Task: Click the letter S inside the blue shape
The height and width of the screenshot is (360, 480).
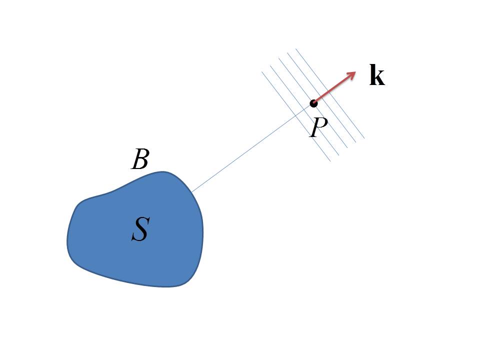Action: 140,229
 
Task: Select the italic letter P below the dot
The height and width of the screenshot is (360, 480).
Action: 318,128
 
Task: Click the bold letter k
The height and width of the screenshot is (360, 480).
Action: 377,76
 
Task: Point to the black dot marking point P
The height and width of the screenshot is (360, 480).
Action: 313,103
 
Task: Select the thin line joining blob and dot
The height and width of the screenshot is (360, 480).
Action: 250,149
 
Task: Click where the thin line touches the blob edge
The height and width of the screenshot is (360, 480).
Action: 191,192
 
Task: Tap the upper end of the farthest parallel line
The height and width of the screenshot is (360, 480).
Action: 296,49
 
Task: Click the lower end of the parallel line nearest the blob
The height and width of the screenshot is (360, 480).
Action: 330,161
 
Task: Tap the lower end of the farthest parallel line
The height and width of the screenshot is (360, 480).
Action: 364,138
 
